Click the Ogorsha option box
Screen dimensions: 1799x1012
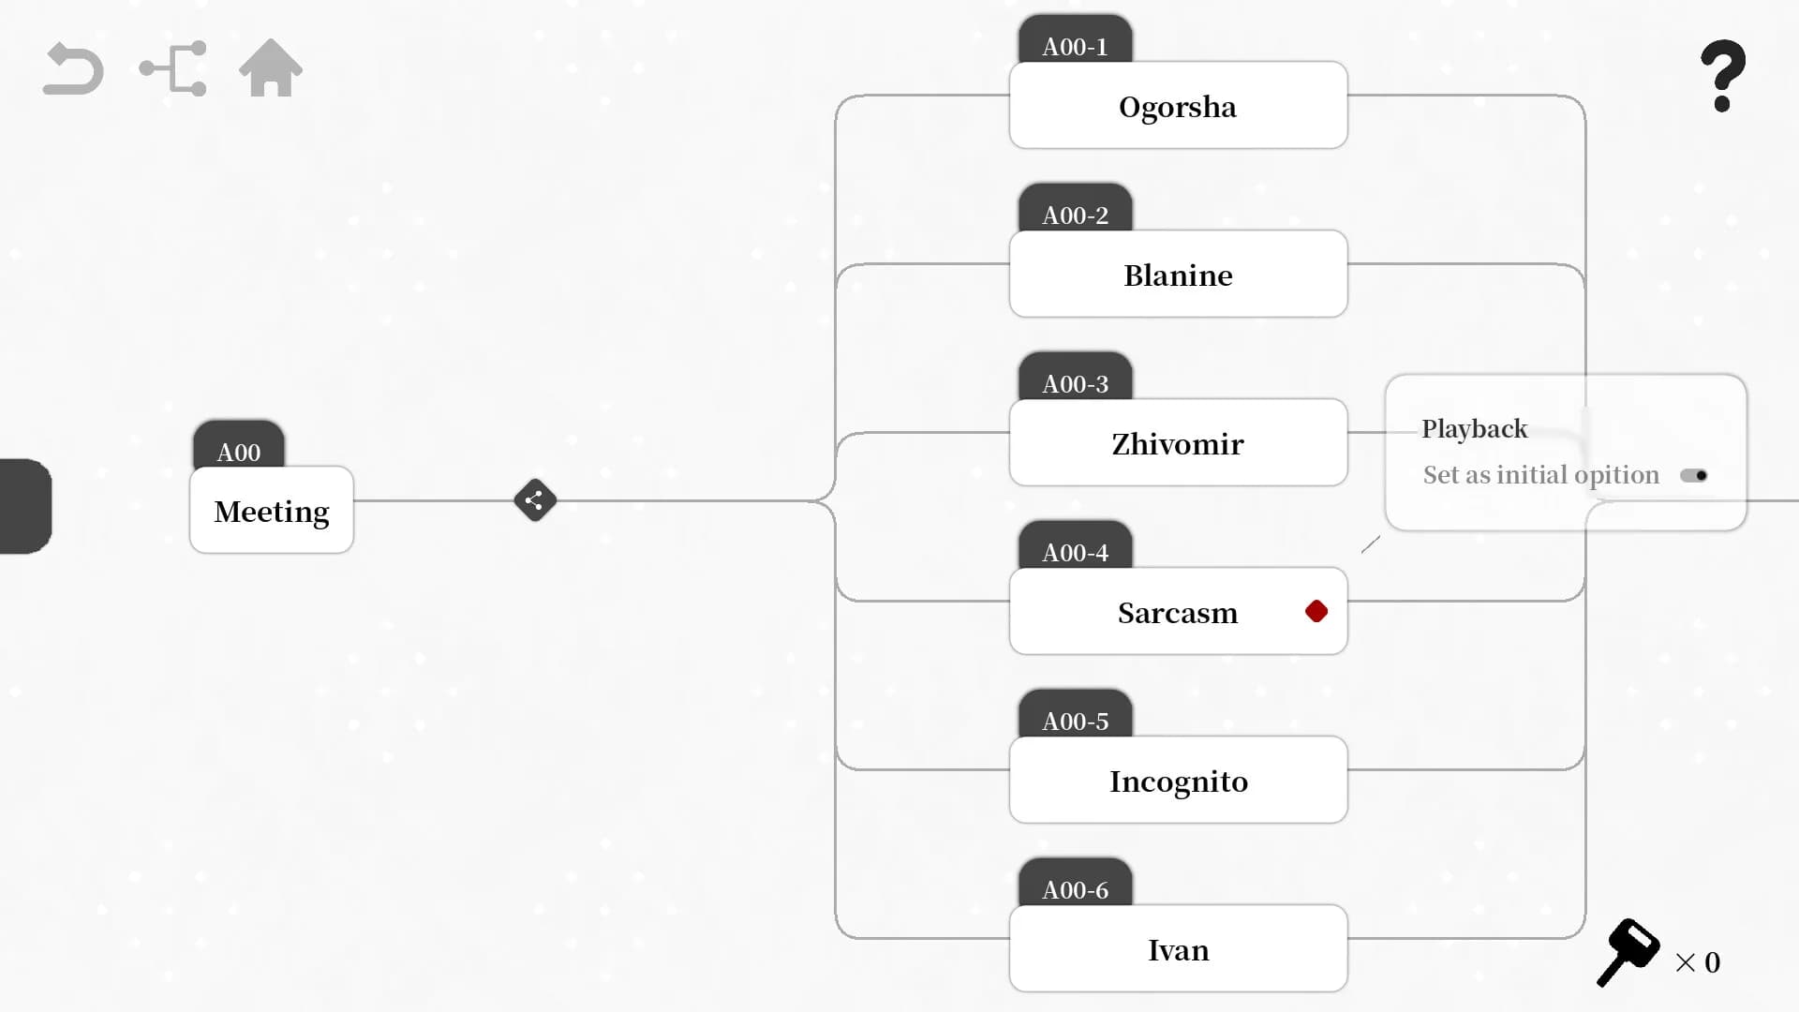(1178, 105)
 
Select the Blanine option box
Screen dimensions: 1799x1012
(1178, 274)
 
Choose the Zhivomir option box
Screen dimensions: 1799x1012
(1178, 442)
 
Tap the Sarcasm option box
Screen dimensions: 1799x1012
(1178, 611)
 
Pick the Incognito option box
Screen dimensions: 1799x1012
(1178, 780)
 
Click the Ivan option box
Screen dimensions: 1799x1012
(1178, 948)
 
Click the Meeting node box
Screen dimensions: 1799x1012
(272, 510)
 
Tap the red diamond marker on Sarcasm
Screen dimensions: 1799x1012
(1316, 612)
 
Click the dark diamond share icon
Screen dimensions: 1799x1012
(535, 500)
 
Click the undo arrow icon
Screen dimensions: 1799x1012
(73, 69)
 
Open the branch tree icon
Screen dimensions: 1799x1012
(173, 68)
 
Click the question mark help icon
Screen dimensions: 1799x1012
(1723, 75)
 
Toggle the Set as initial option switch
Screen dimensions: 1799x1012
(1694, 476)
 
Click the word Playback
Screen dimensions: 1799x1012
(1474, 429)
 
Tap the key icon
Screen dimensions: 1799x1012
(1628, 952)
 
